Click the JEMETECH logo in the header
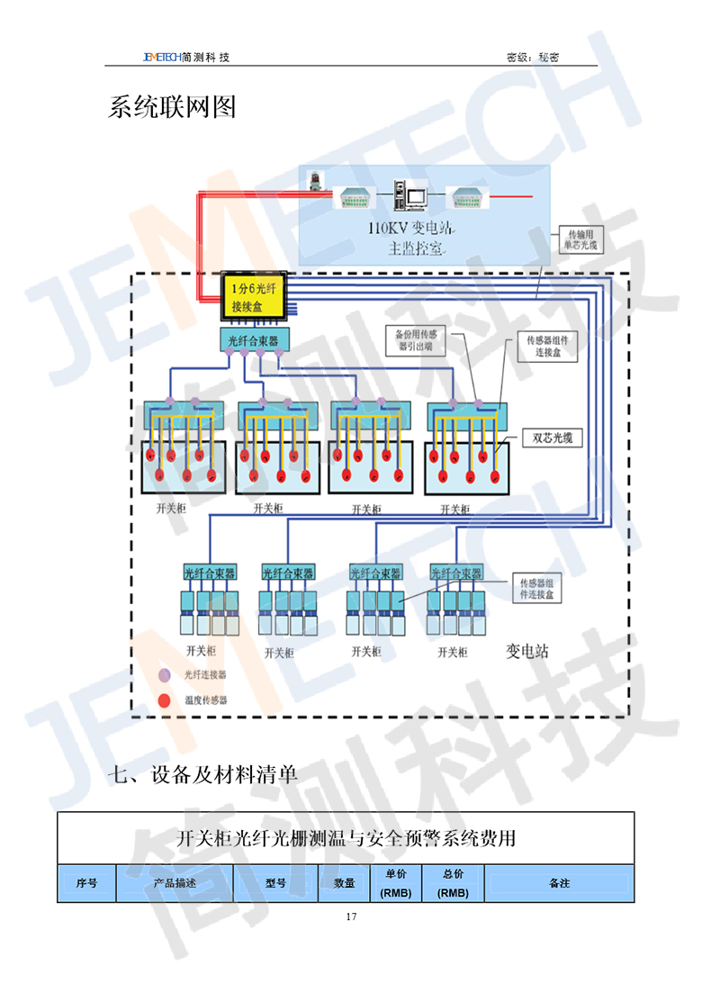click(x=161, y=57)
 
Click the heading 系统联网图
click(x=172, y=107)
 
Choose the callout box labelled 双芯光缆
click(x=553, y=438)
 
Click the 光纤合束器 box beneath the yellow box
click(x=254, y=340)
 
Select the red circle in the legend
click(x=164, y=700)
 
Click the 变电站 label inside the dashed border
click(x=527, y=651)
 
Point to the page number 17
click(x=351, y=916)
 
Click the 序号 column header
click(x=87, y=883)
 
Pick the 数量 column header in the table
click(x=345, y=883)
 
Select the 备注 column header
click(x=559, y=883)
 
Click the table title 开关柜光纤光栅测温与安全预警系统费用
click(x=346, y=839)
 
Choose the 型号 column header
click(x=275, y=883)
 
